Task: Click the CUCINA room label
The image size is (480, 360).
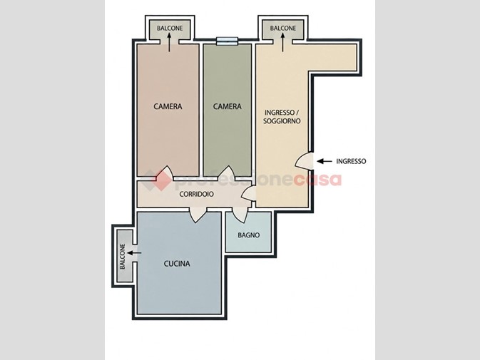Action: point(177,263)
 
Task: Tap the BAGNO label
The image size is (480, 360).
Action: point(249,235)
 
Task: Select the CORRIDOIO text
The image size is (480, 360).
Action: point(197,194)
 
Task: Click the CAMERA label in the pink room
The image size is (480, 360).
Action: point(168,106)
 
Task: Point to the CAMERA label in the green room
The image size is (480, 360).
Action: point(227,106)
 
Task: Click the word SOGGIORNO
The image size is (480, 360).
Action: point(282,121)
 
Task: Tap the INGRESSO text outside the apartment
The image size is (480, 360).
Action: point(351,161)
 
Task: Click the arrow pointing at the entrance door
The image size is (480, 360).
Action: point(325,161)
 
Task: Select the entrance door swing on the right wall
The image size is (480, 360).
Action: point(305,161)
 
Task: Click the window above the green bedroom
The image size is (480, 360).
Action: point(227,41)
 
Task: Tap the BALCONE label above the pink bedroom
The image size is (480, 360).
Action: point(170,28)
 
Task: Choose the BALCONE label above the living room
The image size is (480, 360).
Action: point(283,28)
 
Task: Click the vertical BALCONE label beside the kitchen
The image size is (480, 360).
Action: point(123,257)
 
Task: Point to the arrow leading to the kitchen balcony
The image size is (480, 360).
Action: point(134,253)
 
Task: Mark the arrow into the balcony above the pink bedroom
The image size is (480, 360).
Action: point(169,42)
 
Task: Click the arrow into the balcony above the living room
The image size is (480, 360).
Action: point(282,42)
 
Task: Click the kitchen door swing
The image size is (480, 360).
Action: point(198,215)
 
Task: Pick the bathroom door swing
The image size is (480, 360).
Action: point(240,215)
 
